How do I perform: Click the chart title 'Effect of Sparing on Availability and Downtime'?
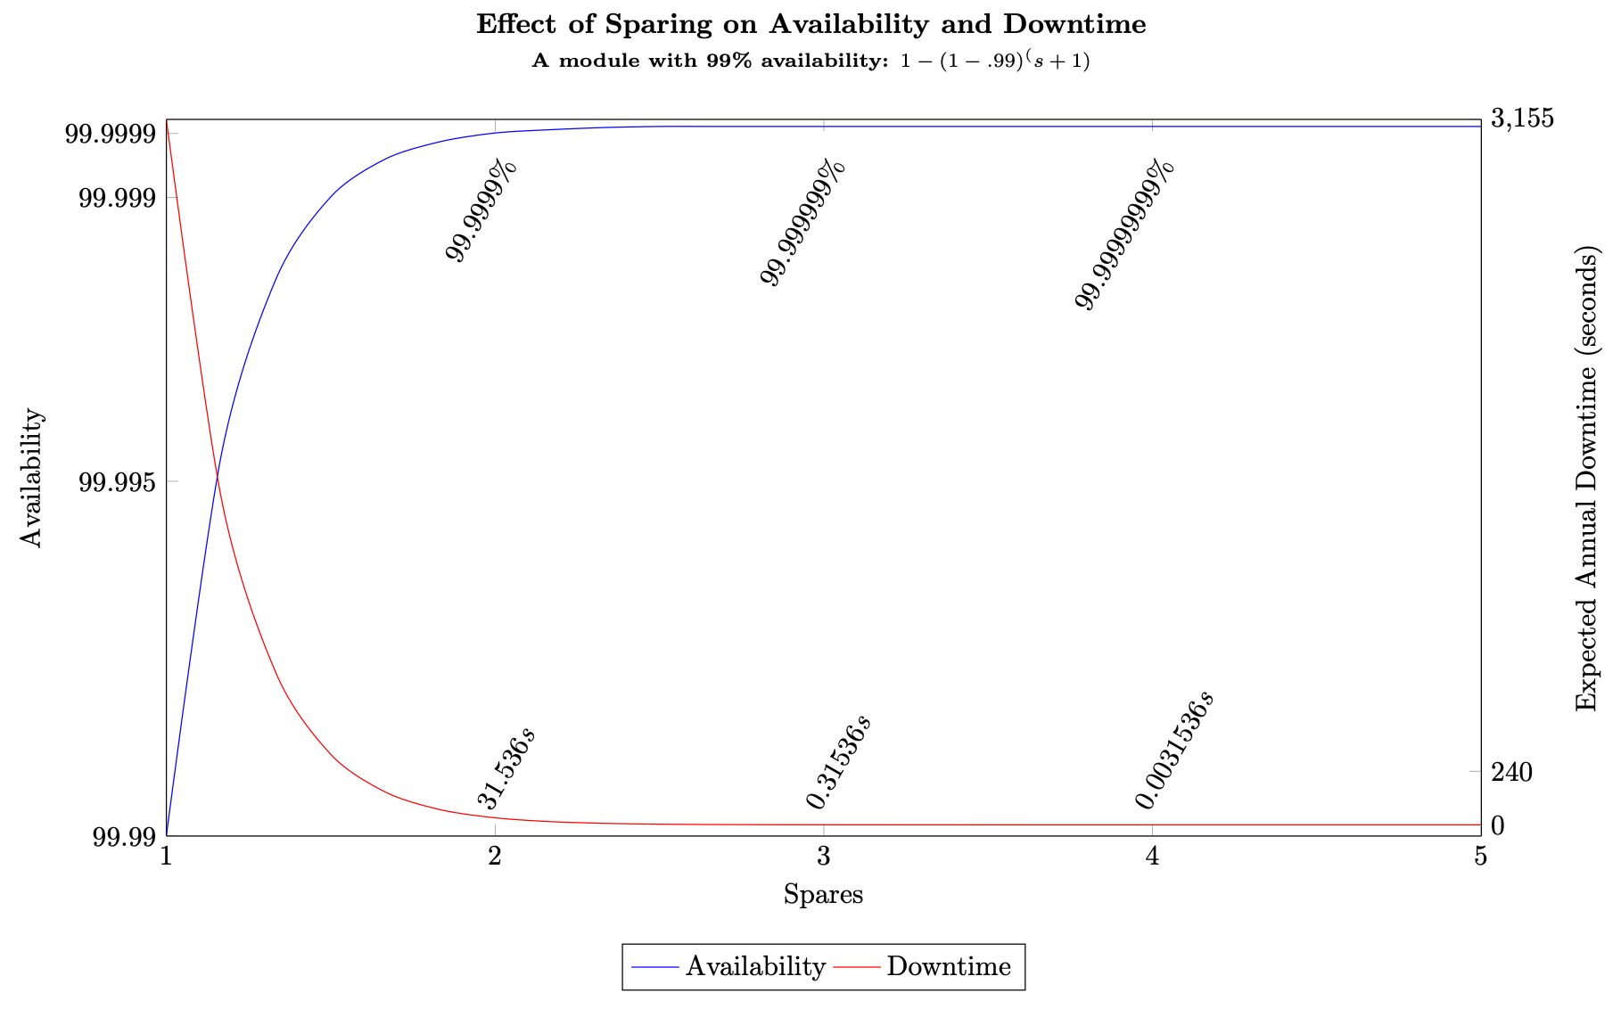click(x=810, y=24)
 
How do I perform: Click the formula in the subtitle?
click(x=996, y=62)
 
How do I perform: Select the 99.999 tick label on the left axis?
click(x=117, y=198)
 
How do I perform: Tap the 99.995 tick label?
click(x=117, y=482)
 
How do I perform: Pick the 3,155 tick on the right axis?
click(x=1522, y=118)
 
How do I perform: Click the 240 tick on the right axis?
click(x=1511, y=772)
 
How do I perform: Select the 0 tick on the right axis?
click(x=1499, y=825)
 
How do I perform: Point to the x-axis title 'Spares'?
click(x=823, y=894)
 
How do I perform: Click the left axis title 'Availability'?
click(x=32, y=477)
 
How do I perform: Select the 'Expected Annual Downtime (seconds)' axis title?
click(x=1587, y=477)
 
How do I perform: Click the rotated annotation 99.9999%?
click(x=481, y=212)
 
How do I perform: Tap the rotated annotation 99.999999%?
click(x=1125, y=234)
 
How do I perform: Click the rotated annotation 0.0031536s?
click(x=1175, y=750)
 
